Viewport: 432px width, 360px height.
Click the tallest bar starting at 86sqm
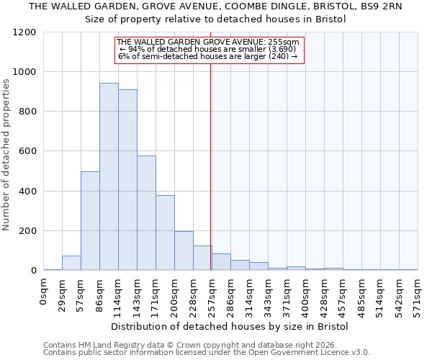[x=109, y=176]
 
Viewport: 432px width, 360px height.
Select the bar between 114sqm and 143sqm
[x=127, y=180]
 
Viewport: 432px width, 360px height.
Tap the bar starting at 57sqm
[x=90, y=221]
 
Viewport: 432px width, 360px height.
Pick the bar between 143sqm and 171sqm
[x=146, y=212]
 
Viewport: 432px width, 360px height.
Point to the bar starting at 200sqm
[x=184, y=251]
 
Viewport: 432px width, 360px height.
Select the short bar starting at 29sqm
[x=71, y=263]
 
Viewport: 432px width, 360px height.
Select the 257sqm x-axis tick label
[x=212, y=292]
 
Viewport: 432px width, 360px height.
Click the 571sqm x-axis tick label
[x=418, y=292]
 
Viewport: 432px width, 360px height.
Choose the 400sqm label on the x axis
[x=305, y=292]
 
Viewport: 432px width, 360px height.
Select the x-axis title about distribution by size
[x=230, y=326]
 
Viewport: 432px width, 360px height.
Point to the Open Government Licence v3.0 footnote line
[x=207, y=353]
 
